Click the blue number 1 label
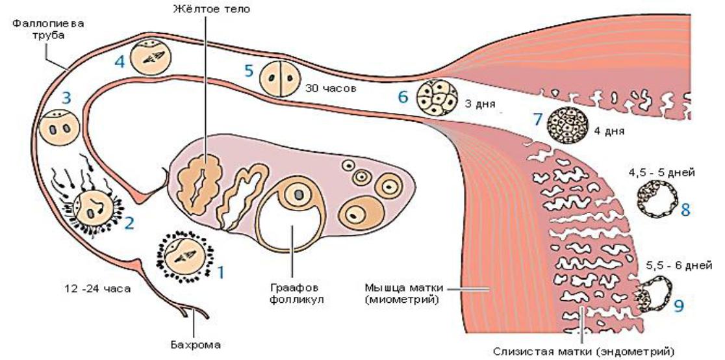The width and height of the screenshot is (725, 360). (x=220, y=272)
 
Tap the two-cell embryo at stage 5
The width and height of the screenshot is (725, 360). (x=279, y=79)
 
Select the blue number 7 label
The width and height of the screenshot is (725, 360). (x=537, y=119)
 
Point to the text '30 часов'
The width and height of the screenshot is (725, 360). (x=331, y=88)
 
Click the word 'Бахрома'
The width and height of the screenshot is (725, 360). (x=195, y=345)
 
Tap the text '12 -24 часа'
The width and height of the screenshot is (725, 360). (x=97, y=289)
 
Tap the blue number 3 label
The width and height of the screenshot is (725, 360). (x=66, y=98)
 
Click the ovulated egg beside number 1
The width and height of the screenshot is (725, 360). (x=184, y=256)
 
